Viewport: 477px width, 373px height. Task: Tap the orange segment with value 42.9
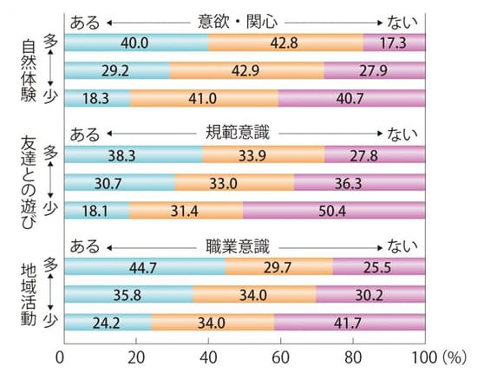(246, 71)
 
